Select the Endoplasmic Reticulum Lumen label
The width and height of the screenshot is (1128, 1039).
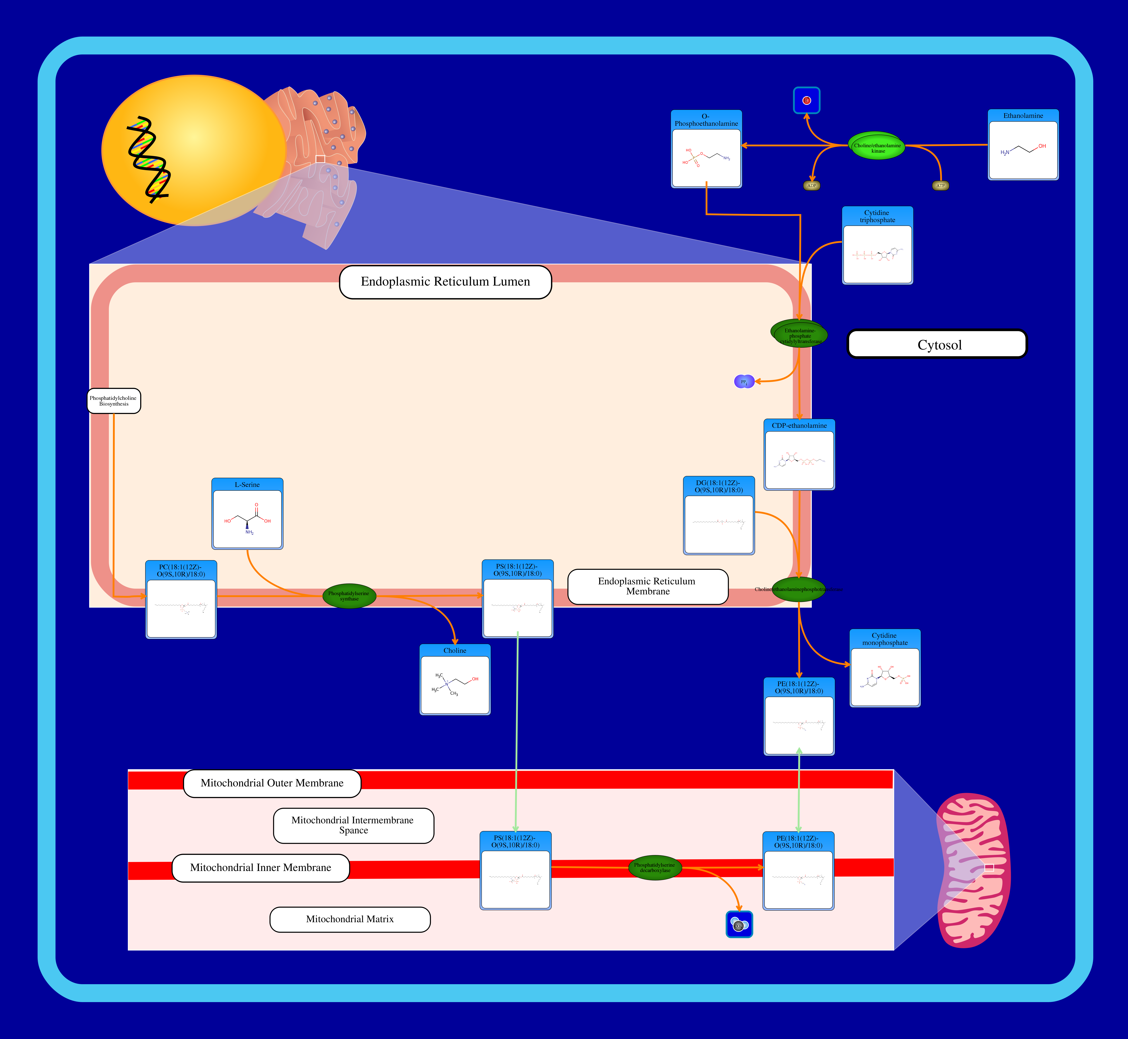click(445, 282)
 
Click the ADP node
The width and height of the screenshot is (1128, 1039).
click(811, 186)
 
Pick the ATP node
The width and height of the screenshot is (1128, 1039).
click(940, 186)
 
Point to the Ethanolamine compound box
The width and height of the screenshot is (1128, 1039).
click(1023, 145)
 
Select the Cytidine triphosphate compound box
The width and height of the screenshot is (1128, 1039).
click(877, 246)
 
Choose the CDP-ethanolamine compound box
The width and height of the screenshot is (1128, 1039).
click(799, 454)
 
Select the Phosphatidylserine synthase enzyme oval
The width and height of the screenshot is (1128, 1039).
click(349, 596)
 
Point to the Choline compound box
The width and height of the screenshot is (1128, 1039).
click(455, 680)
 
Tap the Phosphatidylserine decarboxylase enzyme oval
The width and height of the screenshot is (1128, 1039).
click(655, 868)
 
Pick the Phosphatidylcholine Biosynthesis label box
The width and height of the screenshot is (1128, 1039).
click(114, 401)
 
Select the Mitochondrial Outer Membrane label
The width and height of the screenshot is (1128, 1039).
click(272, 783)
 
